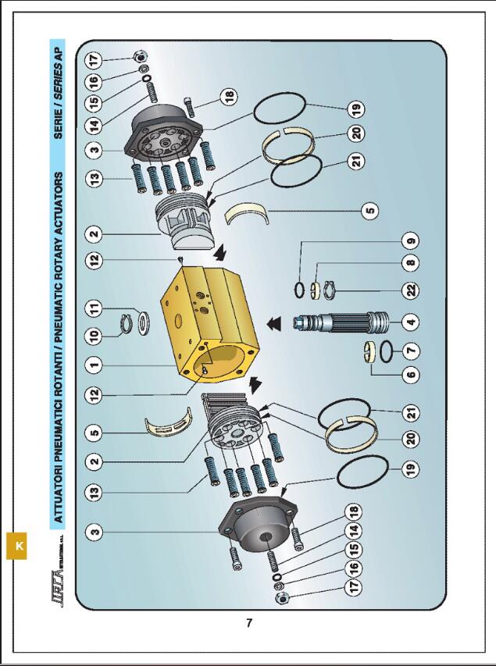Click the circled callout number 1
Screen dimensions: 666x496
[95, 363]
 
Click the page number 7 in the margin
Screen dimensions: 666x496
[248, 622]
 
